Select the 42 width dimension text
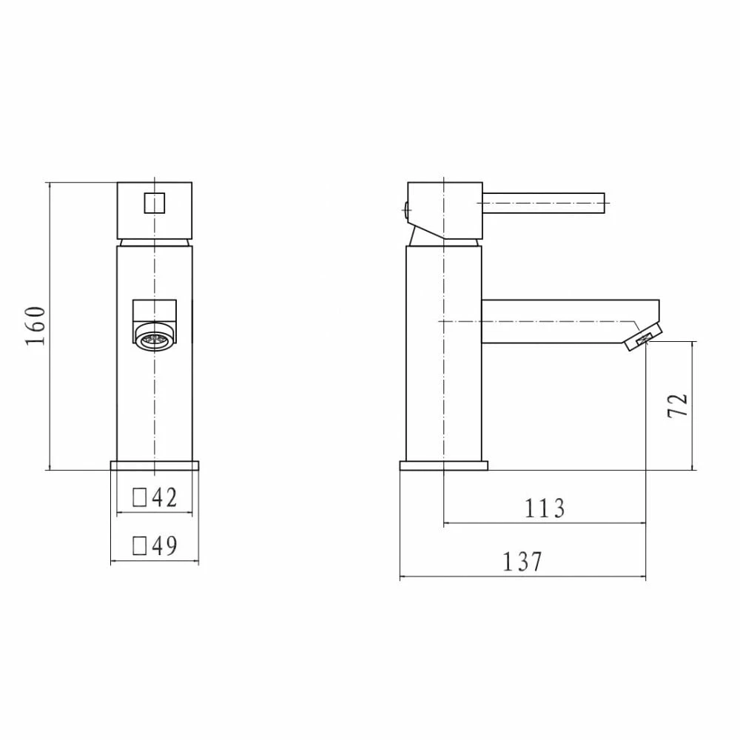click(x=164, y=498)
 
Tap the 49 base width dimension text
click(x=164, y=546)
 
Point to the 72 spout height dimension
click(x=679, y=405)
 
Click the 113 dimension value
click(x=545, y=508)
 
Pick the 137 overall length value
click(x=522, y=562)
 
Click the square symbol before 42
click(x=139, y=498)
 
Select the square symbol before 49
click(x=139, y=546)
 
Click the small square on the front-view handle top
click(x=154, y=201)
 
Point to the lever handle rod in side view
click(x=544, y=200)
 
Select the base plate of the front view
click(x=155, y=465)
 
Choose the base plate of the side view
click(x=443, y=465)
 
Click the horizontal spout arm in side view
click(x=555, y=322)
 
